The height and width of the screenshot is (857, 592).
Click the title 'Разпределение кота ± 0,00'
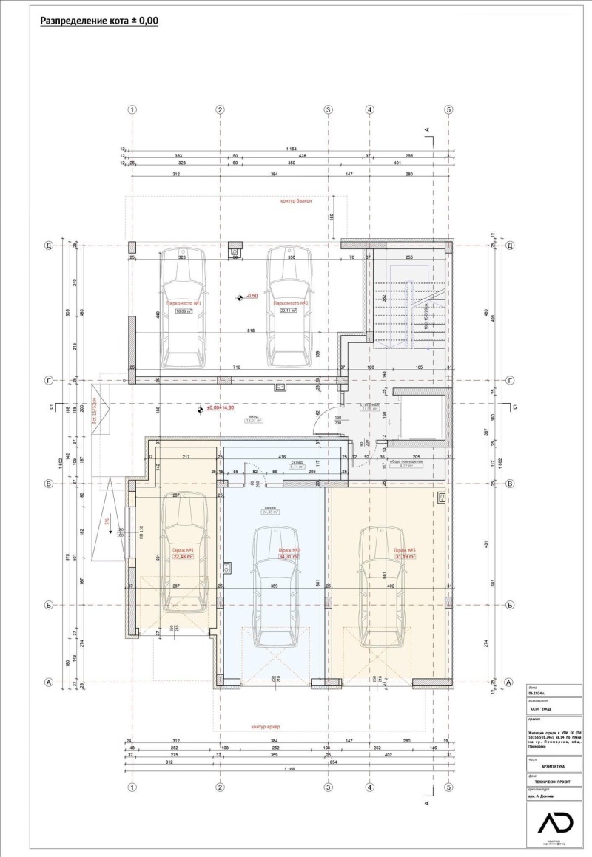pyautogui.click(x=98, y=21)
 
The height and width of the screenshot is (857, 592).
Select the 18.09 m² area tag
pyautogui.click(x=182, y=311)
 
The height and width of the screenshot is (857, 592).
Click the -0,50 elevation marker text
pyautogui.click(x=252, y=296)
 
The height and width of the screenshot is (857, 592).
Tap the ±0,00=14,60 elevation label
pyautogui.click(x=220, y=407)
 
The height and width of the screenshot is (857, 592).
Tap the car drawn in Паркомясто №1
pyautogui.click(x=183, y=308)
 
